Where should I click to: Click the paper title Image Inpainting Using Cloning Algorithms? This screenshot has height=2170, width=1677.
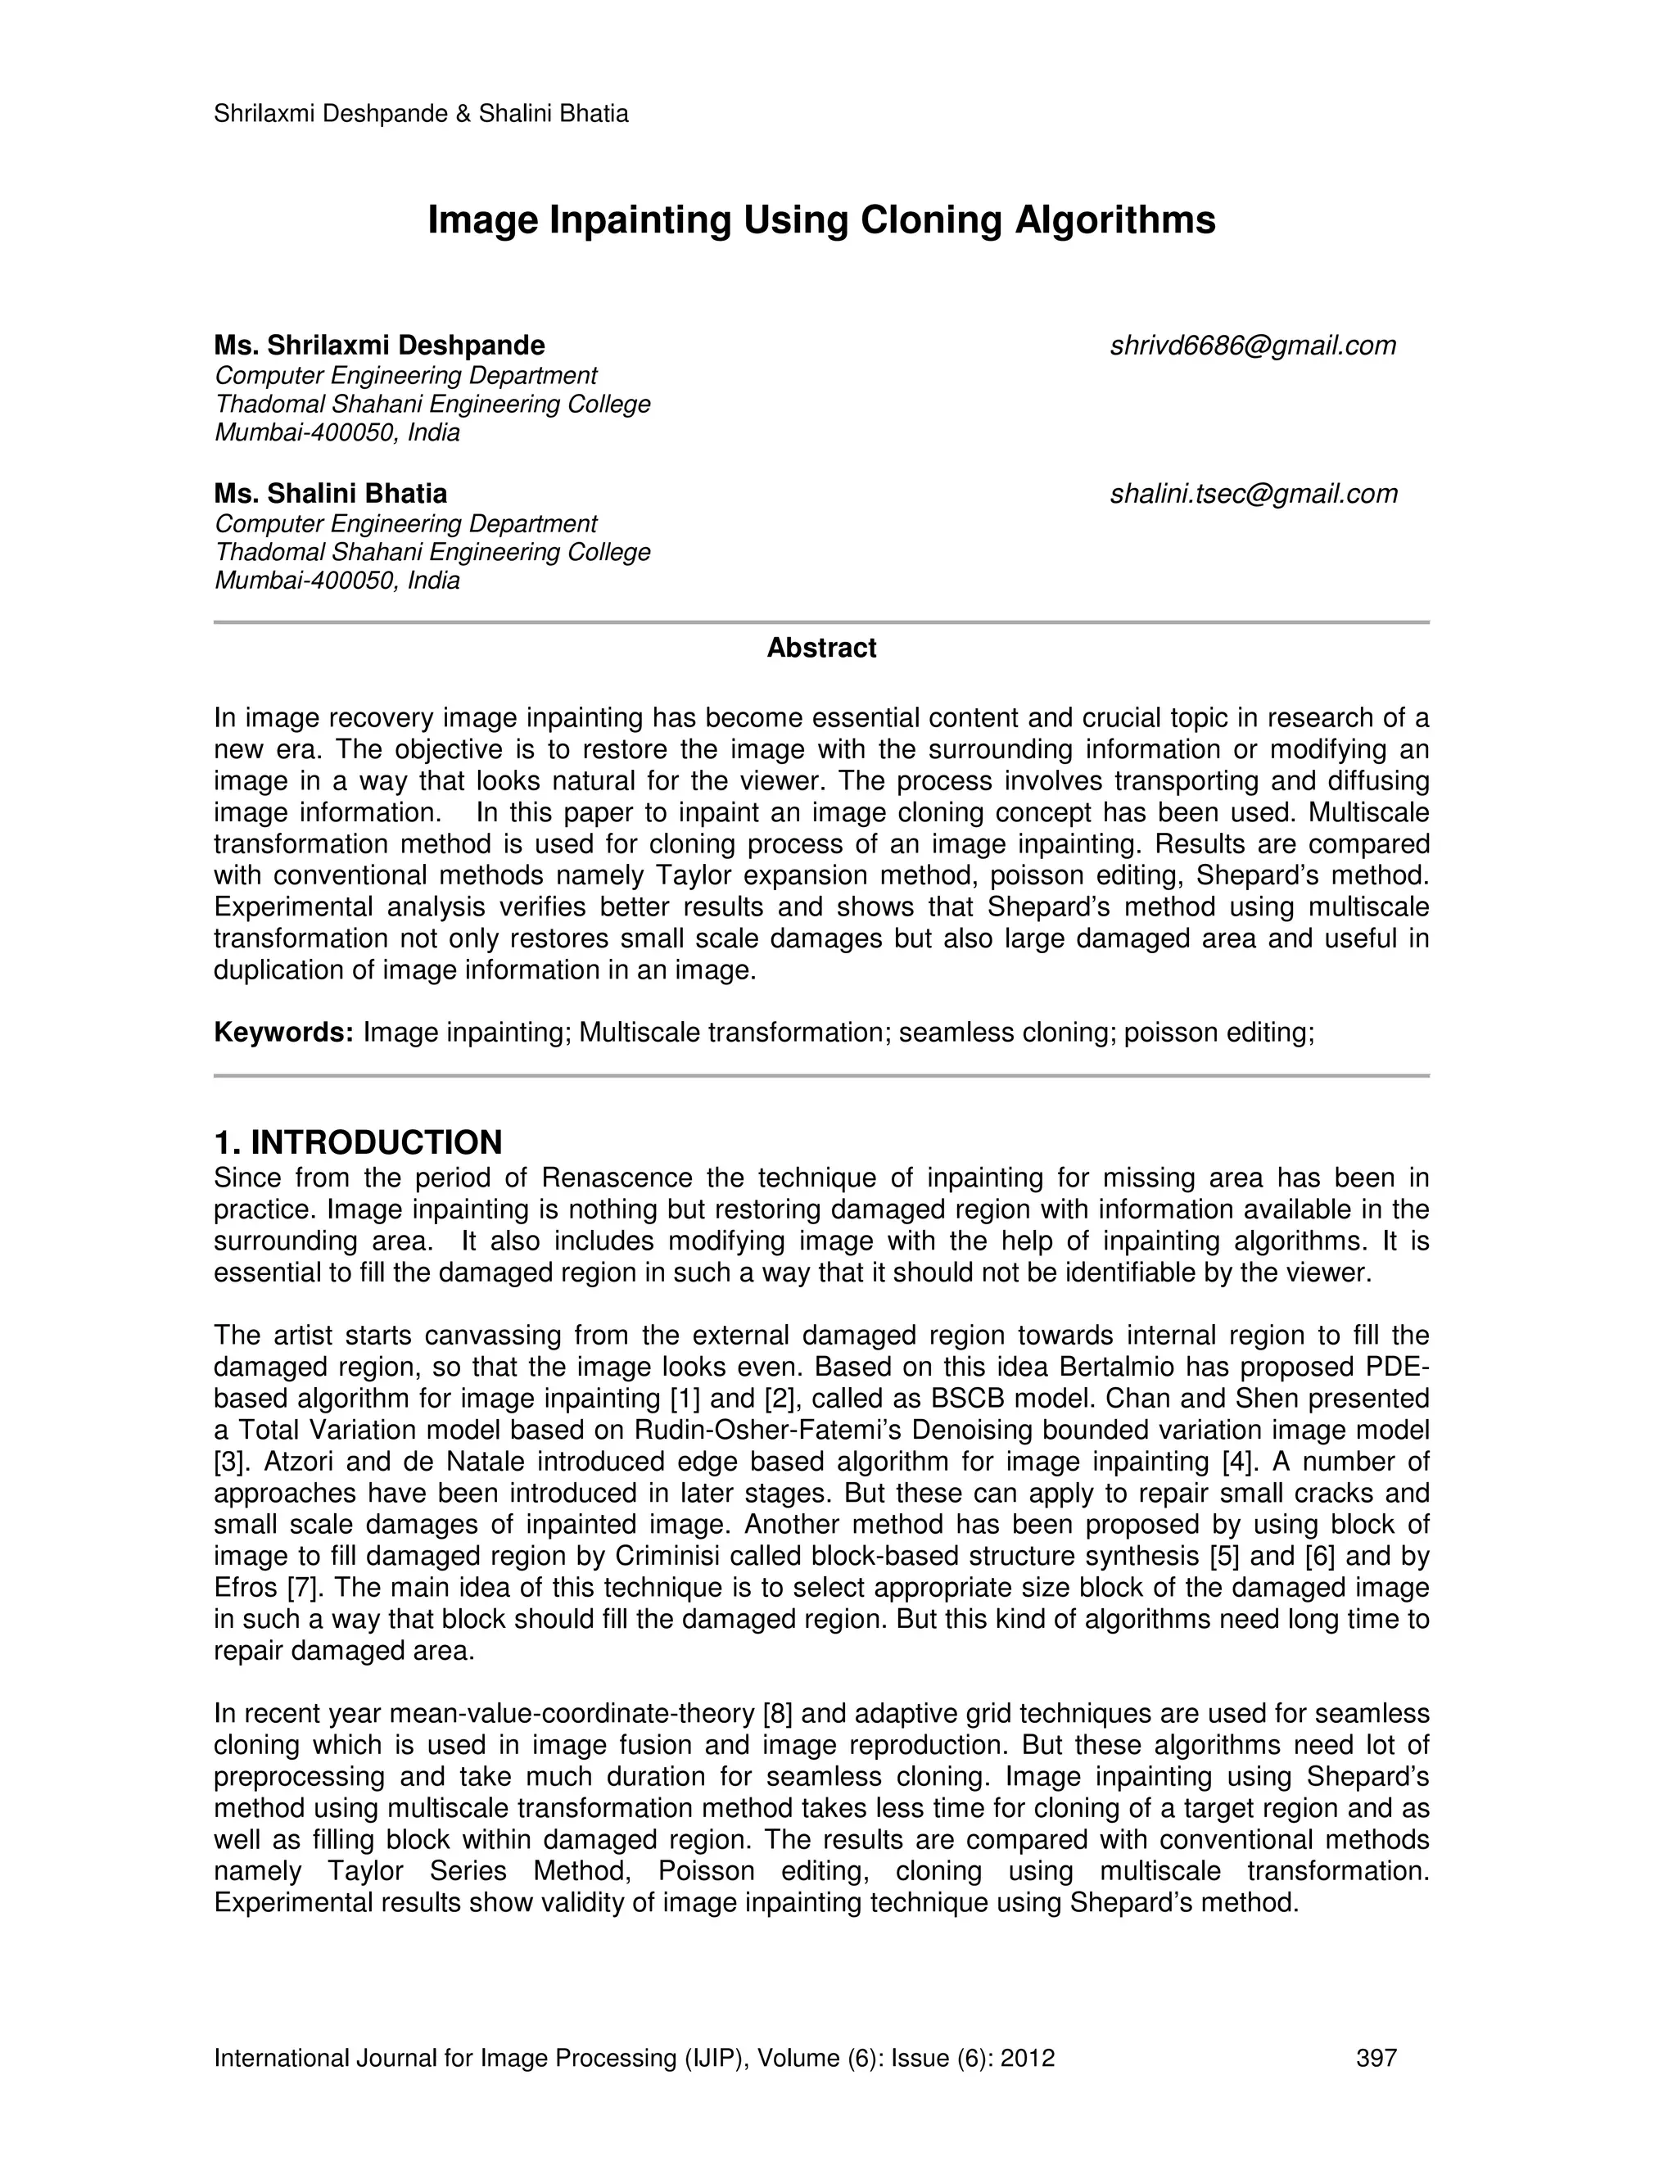pyautogui.click(x=820, y=219)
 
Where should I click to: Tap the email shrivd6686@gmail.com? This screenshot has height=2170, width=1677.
pyautogui.click(x=1253, y=346)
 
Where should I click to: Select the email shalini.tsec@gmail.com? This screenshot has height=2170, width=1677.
pyautogui.click(x=1253, y=494)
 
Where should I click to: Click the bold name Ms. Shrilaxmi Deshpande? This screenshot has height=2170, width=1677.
pyautogui.click(x=379, y=346)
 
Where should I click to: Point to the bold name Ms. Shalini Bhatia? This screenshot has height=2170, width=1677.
pyautogui.click(x=330, y=494)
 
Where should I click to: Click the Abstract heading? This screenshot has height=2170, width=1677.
pyautogui.click(x=820, y=649)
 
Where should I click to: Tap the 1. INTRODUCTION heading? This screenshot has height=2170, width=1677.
pyautogui.click(x=358, y=1142)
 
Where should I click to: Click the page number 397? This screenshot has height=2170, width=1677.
pyautogui.click(x=1376, y=2059)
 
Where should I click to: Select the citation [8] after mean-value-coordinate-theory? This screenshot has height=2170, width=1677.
pyautogui.click(x=777, y=1714)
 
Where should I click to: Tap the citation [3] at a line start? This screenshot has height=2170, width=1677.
pyautogui.click(x=230, y=1462)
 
